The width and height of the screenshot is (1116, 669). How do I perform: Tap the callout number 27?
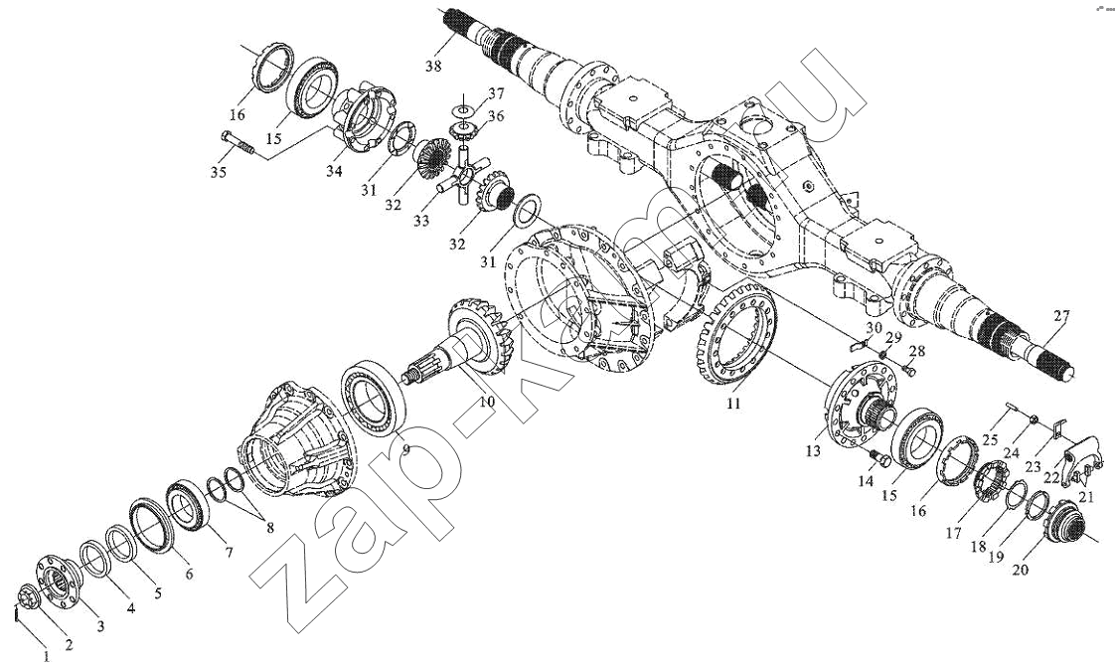click(x=1061, y=317)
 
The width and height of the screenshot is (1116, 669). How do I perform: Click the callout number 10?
click(x=486, y=402)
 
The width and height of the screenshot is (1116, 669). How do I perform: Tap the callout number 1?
click(x=43, y=654)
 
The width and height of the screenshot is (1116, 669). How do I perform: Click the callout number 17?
click(x=953, y=533)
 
